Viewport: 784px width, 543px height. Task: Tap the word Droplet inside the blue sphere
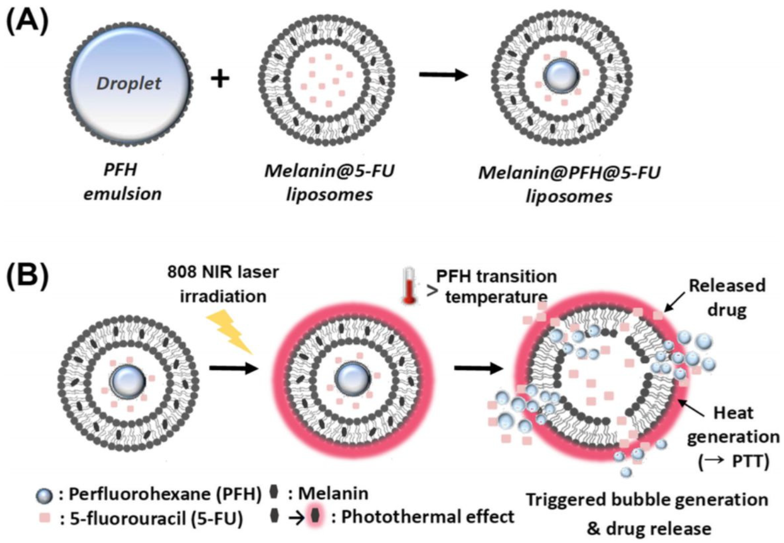pos(129,83)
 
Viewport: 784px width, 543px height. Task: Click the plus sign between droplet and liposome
pos(220,79)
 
